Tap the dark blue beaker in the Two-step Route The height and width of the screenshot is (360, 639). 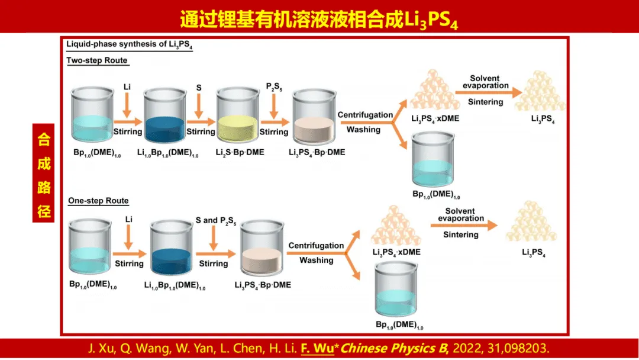[x=165, y=118]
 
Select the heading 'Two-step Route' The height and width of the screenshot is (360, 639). [x=97, y=60]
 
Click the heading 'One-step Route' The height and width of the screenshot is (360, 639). [x=98, y=201]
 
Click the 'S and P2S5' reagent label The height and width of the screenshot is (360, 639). [x=216, y=221]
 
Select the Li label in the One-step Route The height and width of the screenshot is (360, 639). [x=128, y=219]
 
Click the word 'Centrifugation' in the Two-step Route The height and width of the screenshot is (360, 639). [x=365, y=115]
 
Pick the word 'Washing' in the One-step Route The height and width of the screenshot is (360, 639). [x=316, y=260]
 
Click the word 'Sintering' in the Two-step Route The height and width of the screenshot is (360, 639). [x=485, y=102]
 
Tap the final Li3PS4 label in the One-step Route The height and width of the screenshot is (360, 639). [x=533, y=253]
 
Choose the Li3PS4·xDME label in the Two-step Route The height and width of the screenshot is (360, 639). [x=435, y=118]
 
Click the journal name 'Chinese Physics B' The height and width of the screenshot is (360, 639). [x=379, y=348]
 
